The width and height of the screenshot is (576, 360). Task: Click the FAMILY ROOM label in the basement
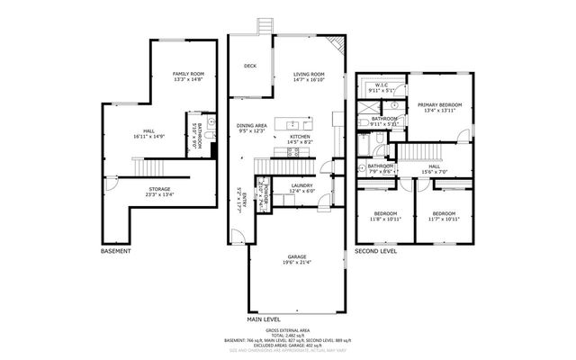coord(189,73)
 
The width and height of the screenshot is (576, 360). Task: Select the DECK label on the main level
coord(250,66)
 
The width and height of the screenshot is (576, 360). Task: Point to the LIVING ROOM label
coord(310,75)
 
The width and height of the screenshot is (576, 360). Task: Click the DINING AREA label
coord(251,125)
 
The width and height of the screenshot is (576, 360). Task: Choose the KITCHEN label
coord(300,136)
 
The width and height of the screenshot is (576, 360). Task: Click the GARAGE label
coord(297,256)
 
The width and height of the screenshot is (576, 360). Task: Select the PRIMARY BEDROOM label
coord(439,104)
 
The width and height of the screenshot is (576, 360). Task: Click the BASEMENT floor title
coord(117,251)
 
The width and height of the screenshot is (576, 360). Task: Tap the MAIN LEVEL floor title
coord(265,319)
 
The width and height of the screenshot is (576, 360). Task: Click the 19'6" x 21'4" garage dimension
coord(297,263)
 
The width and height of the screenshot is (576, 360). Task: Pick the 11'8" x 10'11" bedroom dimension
coord(385,219)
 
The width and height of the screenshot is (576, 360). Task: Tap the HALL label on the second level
coord(435,166)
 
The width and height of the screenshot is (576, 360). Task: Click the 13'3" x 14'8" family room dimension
coord(189,79)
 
